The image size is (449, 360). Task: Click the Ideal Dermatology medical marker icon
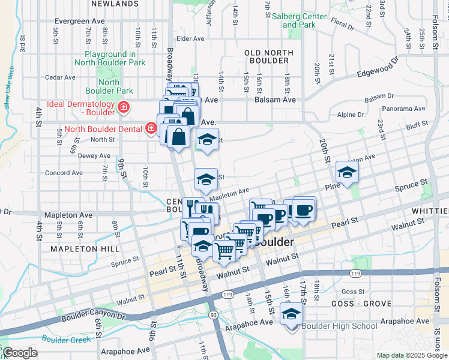(x=123, y=108)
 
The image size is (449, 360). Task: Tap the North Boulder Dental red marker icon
(x=151, y=128)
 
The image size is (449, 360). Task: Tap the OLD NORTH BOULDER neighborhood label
(x=267, y=56)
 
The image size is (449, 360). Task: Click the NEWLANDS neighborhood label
(x=115, y=4)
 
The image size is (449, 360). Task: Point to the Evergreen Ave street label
(x=70, y=21)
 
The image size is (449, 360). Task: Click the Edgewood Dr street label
(x=378, y=67)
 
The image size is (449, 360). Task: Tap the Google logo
(x=20, y=353)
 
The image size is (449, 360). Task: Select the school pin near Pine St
(x=346, y=172)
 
